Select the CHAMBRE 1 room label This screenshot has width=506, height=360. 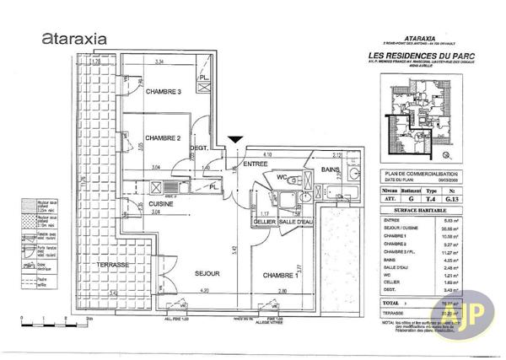[x=280, y=276]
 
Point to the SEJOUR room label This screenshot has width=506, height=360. [x=207, y=274]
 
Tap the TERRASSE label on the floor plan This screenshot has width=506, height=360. [x=111, y=265]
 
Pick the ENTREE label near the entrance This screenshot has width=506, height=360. [x=256, y=164]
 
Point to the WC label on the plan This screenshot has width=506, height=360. [x=282, y=177]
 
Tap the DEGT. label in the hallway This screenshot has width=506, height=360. [x=199, y=149]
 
